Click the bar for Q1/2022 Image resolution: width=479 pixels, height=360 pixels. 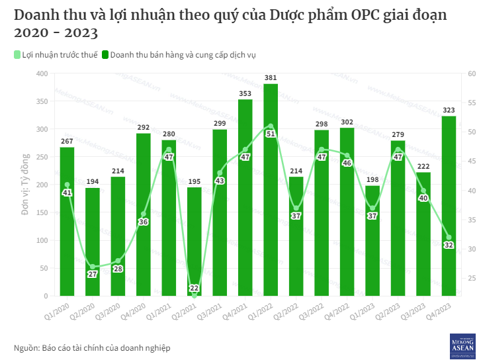click(x=271, y=192)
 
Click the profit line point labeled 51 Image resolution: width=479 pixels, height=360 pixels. click(x=271, y=126)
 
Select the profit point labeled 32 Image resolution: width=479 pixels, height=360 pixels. click(x=449, y=238)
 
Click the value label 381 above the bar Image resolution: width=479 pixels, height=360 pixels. click(x=271, y=78)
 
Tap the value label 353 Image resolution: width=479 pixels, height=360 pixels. click(x=245, y=94)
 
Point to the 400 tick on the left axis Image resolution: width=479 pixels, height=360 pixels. click(x=42, y=73)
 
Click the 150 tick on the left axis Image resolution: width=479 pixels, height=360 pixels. click(x=42, y=212)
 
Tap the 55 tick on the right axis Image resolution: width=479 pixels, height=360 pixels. click(x=472, y=103)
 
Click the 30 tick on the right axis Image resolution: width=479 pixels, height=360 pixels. click(x=472, y=249)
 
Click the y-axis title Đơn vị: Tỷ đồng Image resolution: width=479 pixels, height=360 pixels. click(x=24, y=185)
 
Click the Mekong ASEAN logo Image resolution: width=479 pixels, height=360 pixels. click(x=462, y=346)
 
